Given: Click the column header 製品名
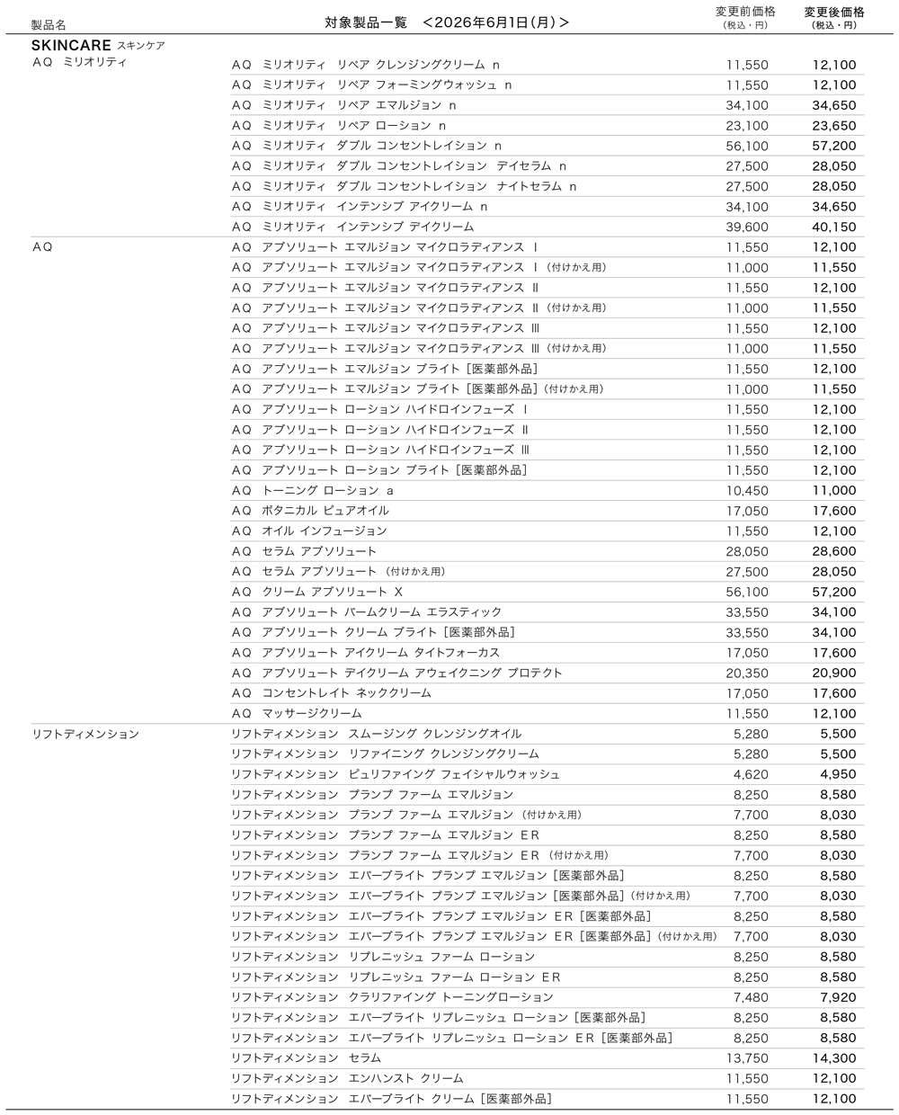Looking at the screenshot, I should coord(49,25).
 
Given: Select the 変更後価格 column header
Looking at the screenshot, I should coord(834,12).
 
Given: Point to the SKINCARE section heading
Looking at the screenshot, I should coord(71,45).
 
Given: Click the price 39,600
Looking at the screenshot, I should coord(747,227).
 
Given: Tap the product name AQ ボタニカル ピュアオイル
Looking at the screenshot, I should coord(310,511).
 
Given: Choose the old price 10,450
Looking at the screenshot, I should coord(747,490).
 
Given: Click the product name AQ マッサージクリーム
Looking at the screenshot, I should coord(297,713).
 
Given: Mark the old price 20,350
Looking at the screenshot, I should coord(747,673).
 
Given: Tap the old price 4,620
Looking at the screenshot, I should coord(751,774).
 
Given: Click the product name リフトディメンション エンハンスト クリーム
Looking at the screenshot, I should coord(347,1078).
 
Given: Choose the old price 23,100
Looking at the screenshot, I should coord(747,126).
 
